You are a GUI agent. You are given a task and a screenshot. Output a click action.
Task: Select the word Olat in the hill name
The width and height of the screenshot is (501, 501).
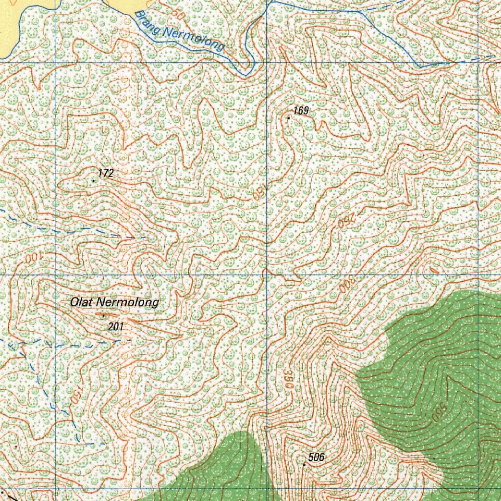point(81,302)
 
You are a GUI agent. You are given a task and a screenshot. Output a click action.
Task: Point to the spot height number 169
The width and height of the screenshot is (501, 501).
point(301,111)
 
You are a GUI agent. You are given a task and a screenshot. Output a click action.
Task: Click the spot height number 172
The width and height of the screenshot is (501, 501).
point(106,173)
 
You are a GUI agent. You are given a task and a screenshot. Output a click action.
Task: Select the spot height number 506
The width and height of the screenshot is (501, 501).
point(317,457)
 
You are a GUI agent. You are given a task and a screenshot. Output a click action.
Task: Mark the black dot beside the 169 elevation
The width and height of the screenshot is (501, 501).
point(289,118)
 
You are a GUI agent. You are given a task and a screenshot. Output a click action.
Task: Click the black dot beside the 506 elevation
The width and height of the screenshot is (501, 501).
point(304,464)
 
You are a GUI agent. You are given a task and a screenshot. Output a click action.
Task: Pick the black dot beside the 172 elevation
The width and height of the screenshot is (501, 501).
point(93,181)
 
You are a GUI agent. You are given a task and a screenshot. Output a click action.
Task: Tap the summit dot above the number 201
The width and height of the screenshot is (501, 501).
point(103,316)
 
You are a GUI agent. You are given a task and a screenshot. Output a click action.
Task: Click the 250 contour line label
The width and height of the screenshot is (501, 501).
point(345,222)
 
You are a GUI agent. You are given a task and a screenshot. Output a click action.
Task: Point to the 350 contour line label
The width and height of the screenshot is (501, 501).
point(289,379)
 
